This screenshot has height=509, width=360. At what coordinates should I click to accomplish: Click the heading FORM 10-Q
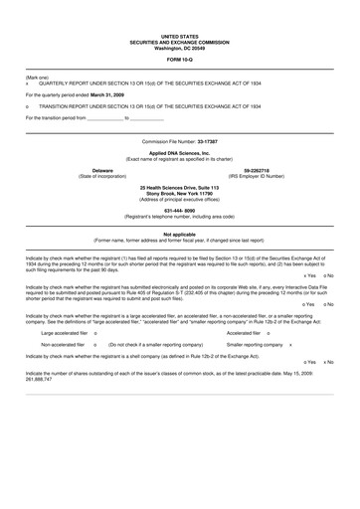click(180, 60)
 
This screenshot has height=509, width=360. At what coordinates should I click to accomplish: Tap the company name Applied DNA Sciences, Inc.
click(179, 153)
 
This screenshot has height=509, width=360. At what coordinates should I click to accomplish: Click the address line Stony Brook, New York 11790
click(179, 194)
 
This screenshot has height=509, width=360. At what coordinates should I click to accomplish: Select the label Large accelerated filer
click(64, 334)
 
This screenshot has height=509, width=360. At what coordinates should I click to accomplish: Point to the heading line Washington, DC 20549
click(180, 48)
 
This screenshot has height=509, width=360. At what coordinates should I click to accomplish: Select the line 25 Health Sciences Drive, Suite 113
click(179, 188)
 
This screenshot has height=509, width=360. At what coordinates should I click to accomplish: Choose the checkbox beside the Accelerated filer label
click(269, 334)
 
